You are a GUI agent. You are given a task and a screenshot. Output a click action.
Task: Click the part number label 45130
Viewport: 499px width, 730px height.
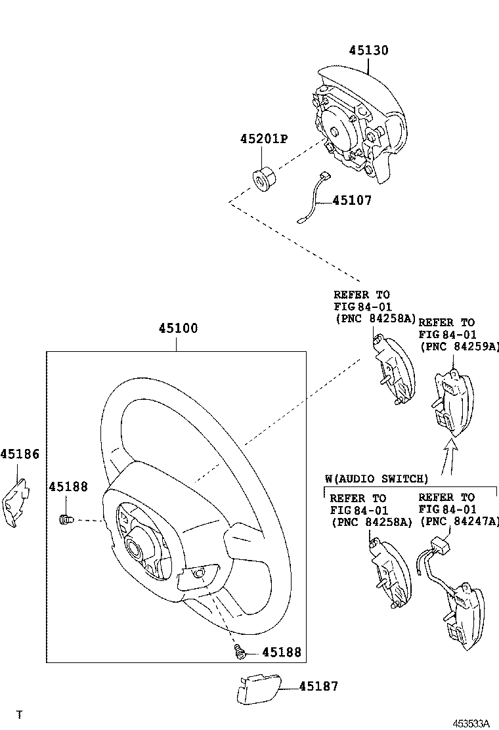click(368, 51)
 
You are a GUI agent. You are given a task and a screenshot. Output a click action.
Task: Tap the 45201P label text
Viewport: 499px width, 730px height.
click(264, 139)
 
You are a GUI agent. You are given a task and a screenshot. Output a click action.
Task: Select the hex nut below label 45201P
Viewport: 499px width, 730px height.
click(264, 179)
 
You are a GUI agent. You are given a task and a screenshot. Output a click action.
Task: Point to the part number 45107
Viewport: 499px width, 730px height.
click(351, 200)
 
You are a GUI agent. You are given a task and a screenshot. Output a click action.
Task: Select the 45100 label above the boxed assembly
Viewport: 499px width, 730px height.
click(177, 328)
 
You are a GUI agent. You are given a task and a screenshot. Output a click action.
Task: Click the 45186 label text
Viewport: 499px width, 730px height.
click(20, 454)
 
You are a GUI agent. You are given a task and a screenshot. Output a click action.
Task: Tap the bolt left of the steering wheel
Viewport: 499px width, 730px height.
click(66, 521)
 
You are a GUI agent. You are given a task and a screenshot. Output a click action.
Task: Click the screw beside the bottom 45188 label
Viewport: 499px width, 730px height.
click(240, 652)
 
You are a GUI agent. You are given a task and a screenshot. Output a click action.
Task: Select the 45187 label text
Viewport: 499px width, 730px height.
click(318, 687)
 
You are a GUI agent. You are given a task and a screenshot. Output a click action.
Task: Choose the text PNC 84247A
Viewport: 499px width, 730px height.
click(459, 521)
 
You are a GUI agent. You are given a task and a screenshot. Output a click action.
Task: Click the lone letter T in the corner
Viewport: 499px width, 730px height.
click(20, 714)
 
